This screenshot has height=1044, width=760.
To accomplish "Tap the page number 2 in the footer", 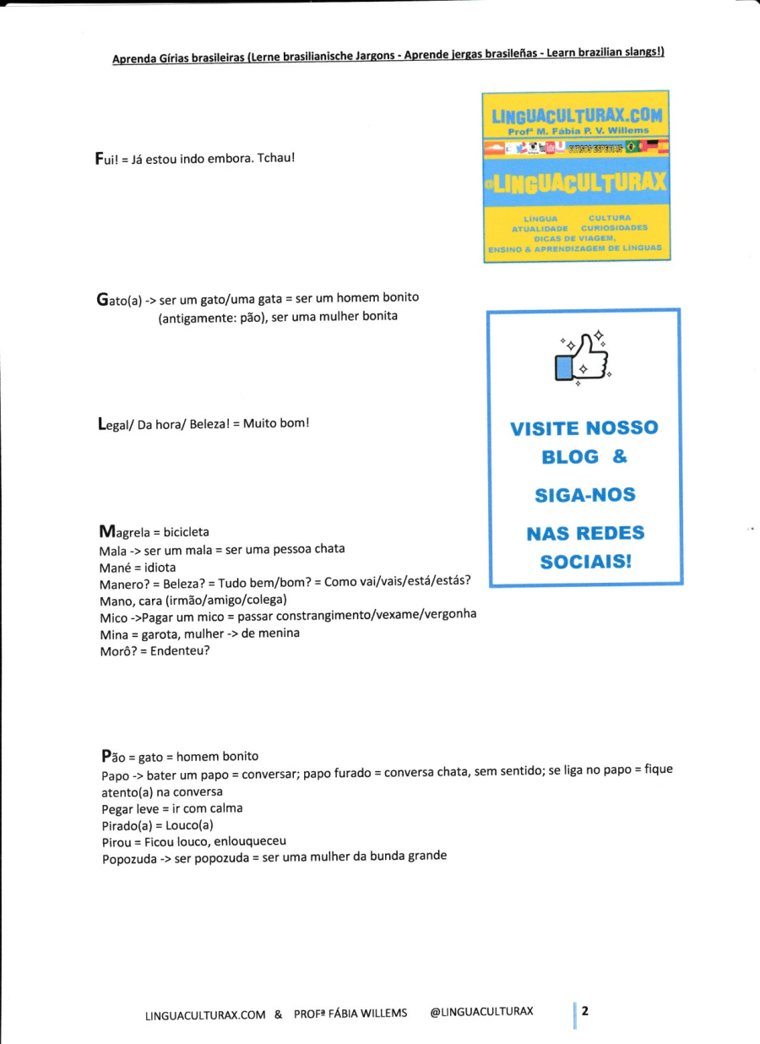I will (x=584, y=1010).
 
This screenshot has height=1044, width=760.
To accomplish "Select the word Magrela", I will (x=124, y=532).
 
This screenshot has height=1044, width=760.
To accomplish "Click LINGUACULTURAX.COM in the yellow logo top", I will (x=577, y=116).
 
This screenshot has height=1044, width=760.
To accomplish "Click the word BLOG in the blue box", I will (x=570, y=457).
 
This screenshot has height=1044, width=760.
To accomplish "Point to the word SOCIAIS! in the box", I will (x=585, y=561).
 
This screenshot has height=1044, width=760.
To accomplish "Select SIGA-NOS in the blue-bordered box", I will (x=585, y=495).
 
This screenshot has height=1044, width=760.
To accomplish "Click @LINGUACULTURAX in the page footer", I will (x=481, y=1012).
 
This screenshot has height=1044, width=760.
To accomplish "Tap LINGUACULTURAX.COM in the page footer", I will (x=205, y=1014).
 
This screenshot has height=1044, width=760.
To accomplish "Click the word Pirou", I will (x=117, y=840).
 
